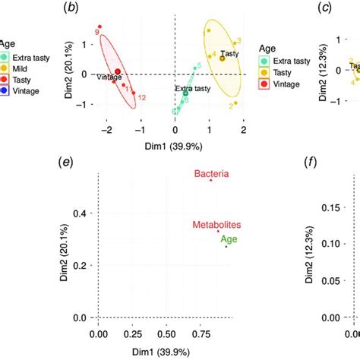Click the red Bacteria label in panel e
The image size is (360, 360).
coord(210,174)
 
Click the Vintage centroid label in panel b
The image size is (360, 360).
coord(109,76)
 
